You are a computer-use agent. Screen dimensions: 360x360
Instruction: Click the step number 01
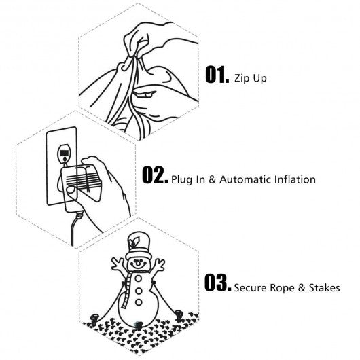[x=217, y=75]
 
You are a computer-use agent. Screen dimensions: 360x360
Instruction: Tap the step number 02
[x=155, y=175]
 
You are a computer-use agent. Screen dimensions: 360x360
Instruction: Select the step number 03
[x=217, y=283]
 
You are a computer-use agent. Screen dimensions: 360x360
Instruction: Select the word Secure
[x=250, y=288]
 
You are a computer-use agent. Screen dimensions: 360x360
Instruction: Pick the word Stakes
[x=324, y=288]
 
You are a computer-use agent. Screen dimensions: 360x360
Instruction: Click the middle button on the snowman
[x=139, y=291]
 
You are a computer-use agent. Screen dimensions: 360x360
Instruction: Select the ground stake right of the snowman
[x=179, y=315]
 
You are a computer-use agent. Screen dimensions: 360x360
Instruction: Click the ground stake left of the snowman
[x=94, y=319]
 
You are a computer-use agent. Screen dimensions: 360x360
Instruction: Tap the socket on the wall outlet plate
[x=64, y=154]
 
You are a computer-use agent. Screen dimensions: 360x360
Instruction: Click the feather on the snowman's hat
[x=134, y=242]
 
